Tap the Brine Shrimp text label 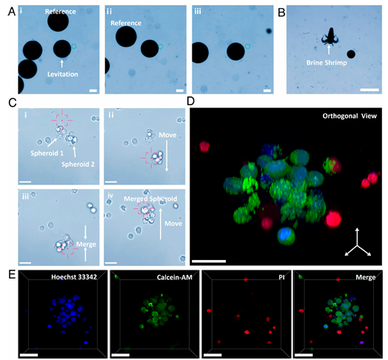(x=327, y=63)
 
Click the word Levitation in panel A (x=63, y=74)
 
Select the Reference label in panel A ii (x=126, y=23)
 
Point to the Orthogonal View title (x=349, y=116)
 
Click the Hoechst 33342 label (x=74, y=277)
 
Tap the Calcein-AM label (x=175, y=277)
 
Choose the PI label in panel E (x=281, y=277)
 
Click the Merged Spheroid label (x=150, y=199)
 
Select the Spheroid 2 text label (x=78, y=164)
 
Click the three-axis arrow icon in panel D (x=358, y=243)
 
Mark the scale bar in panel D (x=209, y=261)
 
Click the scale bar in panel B (x=369, y=90)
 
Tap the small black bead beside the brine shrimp (x=351, y=54)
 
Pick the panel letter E (x=12, y=275)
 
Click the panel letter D (x=191, y=101)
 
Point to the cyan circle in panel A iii (x=247, y=46)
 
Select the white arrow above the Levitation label (x=62, y=63)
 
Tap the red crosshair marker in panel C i (x=62, y=120)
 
